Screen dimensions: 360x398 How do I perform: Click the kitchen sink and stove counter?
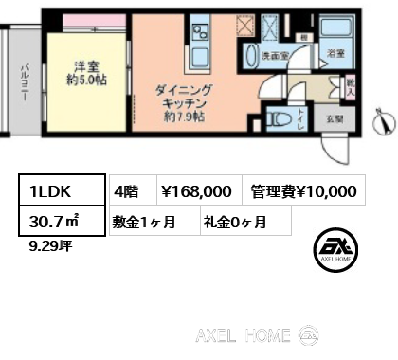(201, 40)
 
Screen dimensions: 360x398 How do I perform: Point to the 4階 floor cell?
(127, 191)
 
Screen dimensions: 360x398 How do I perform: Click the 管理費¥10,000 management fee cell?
(303, 191)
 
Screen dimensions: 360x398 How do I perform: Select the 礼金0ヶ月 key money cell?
(234, 223)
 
